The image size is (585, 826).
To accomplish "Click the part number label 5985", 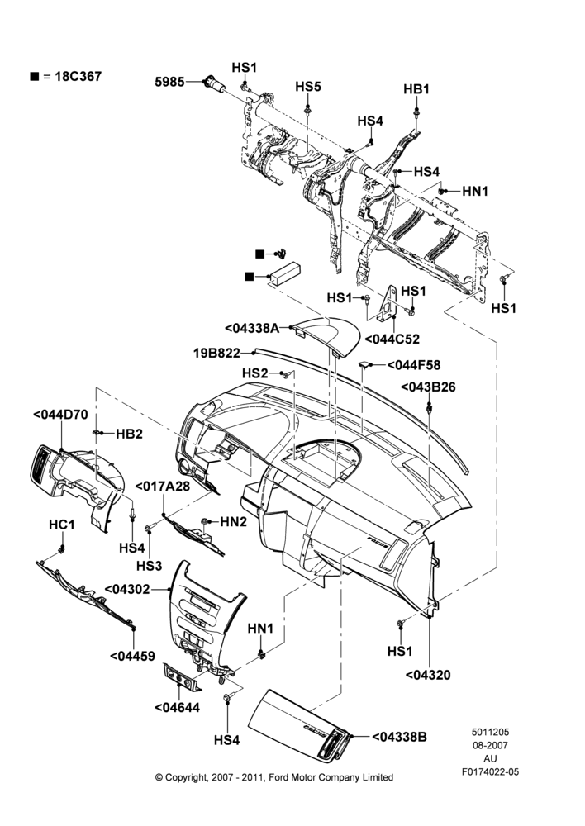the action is coord(169,82).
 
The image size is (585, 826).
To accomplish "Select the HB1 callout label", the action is coord(416,89).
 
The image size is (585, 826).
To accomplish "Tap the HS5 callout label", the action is coord(307,87).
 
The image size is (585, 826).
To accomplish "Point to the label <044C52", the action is coord(392,339).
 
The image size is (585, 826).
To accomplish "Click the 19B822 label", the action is coord(216,353).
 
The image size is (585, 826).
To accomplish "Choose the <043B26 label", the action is coord(428,387).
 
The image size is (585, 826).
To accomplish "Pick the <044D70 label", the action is coord(60,415).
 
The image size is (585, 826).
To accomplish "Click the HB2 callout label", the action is coord(129,434).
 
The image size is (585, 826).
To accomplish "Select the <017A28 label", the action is coord(162,486).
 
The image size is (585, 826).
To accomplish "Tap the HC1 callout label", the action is coord(62,525).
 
